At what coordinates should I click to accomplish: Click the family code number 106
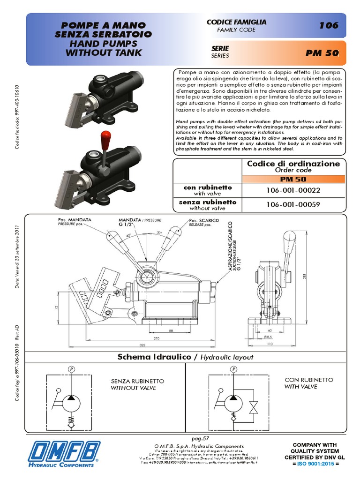pyautogui.click(x=329, y=25)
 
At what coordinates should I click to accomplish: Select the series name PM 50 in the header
pyautogui.click(x=322, y=53)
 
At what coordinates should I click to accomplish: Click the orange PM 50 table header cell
pyautogui.click(x=293, y=179)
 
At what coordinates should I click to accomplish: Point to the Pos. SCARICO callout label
pyautogui.click(x=204, y=220)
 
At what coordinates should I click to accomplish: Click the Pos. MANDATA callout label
pyautogui.click(x=75, y=219)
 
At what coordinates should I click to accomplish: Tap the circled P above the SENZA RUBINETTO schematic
pyautogui.click(x=71, y=369)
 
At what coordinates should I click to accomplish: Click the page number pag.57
pyautogui.click(x=200, y=438)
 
